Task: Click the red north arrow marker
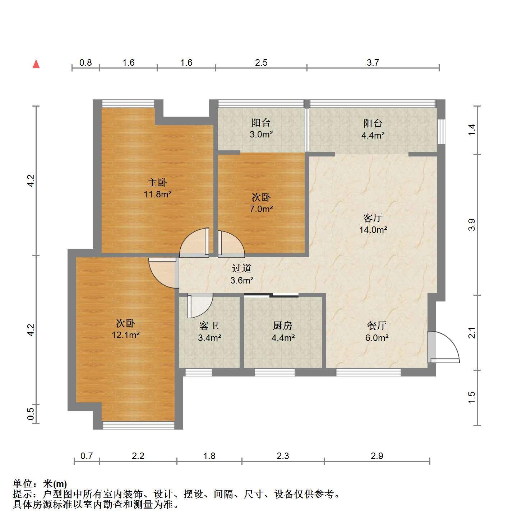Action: point(36,64)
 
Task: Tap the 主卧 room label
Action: point(157,182)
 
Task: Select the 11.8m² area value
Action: point(158,195)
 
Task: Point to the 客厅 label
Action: point(373,218)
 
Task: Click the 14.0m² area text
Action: point(373,230)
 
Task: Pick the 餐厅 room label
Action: point(376,326)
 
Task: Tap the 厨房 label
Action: point(283,326)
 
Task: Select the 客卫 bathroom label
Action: point(209,326)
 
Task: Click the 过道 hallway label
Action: point(242,268)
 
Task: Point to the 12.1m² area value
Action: point(126,334)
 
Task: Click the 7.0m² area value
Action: point(261,209)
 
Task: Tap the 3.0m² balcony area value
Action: point(261,134)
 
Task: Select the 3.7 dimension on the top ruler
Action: point(373,63)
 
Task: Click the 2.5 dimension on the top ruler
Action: point(261,63)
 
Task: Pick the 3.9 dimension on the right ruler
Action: point(472,225)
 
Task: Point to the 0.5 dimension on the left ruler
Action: point(31,414)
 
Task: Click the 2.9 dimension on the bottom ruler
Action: point(377,456)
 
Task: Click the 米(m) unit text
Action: point(55,484)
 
